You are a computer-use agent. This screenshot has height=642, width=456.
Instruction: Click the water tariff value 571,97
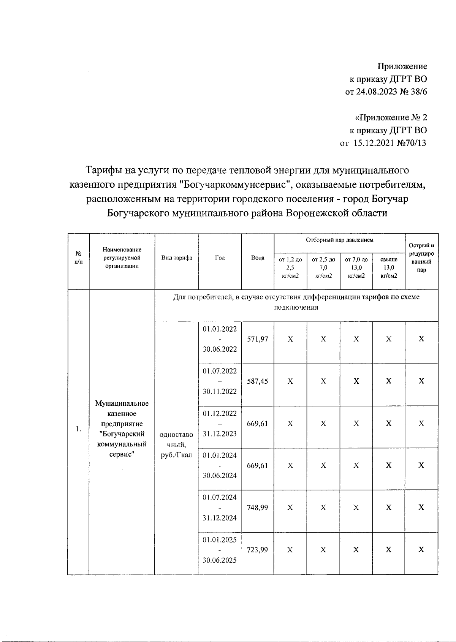[x=257, y=339]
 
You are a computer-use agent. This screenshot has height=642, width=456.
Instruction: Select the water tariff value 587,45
[x=257, y=381]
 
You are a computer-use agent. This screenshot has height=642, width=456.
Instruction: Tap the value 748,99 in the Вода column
[x=257, y=508]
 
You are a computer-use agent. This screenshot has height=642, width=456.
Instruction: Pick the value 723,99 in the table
[x=257, y=550]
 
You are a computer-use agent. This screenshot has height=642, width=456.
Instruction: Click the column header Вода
[x=258, y=258]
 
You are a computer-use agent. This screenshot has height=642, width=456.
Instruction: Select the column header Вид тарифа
[x=176, y=258]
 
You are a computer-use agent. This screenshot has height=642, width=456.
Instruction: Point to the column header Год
[x=220, y=258]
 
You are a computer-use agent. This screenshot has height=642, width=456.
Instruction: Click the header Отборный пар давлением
[x=339, y=240]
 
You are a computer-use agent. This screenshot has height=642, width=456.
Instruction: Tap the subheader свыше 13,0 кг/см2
[x=389, y=267]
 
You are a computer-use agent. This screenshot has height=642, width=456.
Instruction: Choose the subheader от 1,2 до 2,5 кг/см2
[x=290, y=267]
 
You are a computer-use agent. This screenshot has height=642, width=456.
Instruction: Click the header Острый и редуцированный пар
[x=421, y=258]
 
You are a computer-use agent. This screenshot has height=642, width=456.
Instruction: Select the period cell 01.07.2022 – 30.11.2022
[x=220, y=381]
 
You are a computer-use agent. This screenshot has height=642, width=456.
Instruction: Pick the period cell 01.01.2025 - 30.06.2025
[x=220, y=550]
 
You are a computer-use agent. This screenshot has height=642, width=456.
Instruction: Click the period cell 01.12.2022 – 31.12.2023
[x=220, y=424]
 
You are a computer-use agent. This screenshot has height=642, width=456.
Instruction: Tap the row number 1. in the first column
[x=78, y=429]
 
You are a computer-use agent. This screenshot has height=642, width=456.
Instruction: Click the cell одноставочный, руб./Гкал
[x=176, y=444]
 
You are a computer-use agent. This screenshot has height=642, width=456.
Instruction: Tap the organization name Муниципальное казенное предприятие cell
[x=122, y=429]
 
